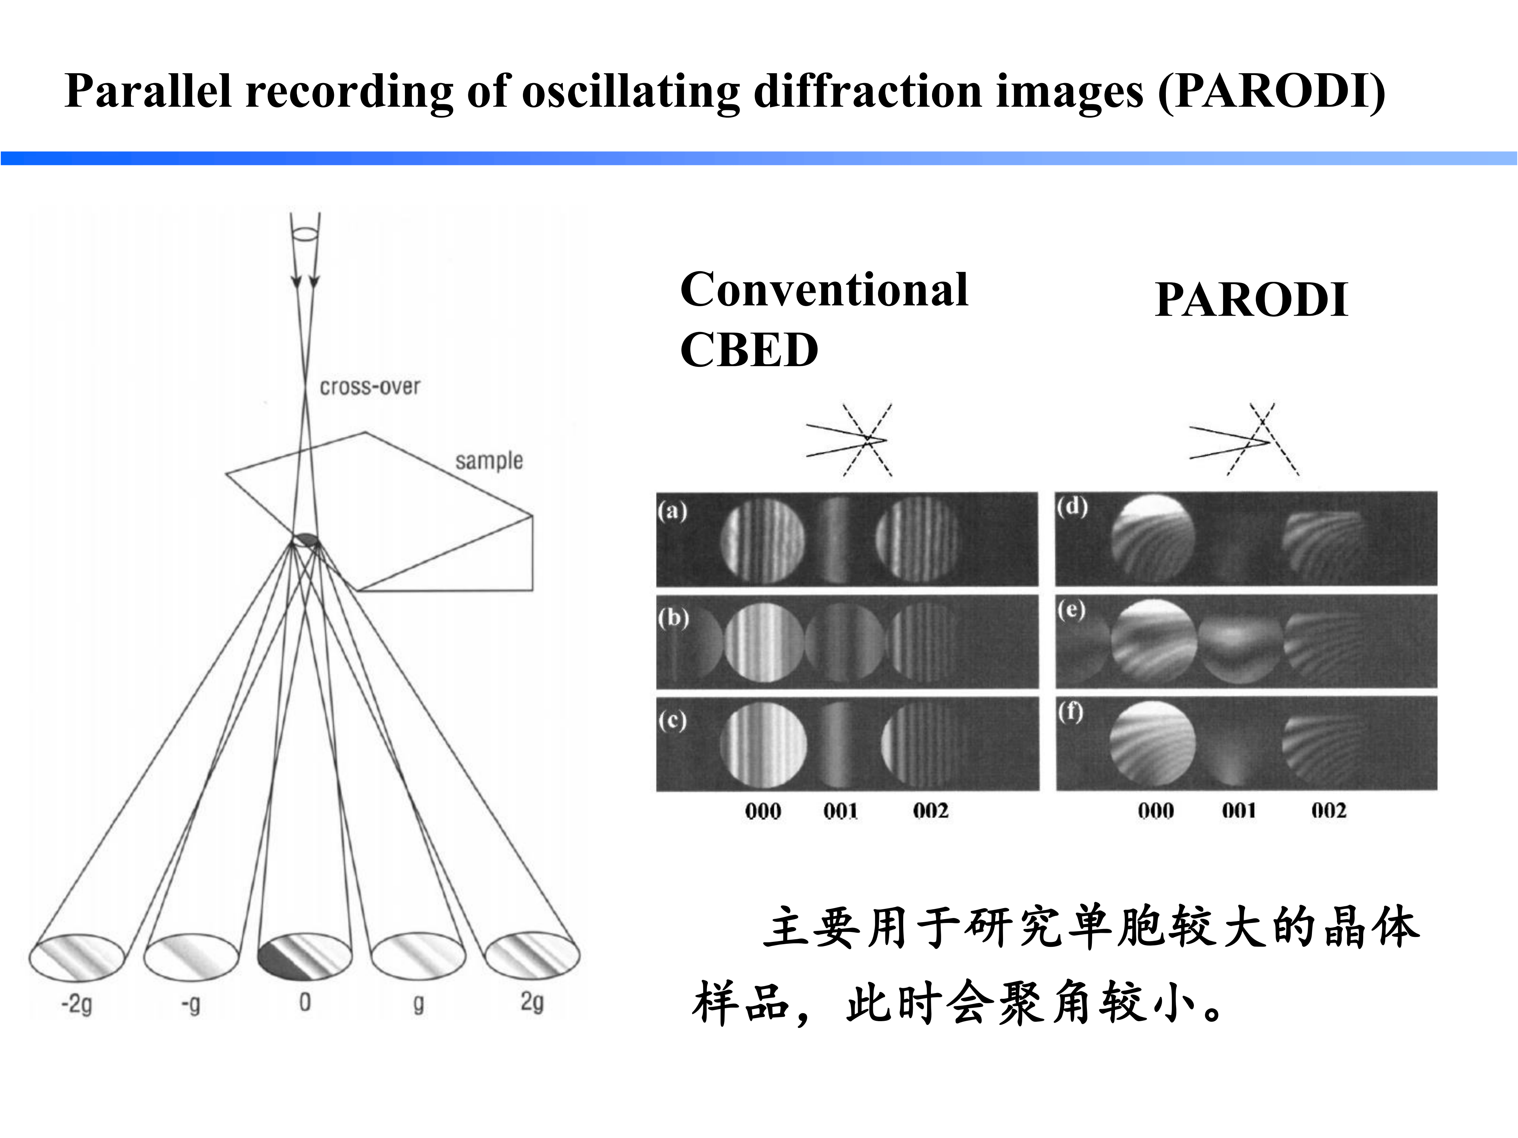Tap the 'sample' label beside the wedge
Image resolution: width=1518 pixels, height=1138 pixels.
click(x=489, y=461)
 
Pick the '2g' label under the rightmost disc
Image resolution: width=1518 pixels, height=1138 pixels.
click(x=532, y=1002)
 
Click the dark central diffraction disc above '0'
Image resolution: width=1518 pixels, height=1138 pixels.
click(x=305, y=955)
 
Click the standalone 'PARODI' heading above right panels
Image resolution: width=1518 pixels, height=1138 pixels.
click(x=1251, y=300)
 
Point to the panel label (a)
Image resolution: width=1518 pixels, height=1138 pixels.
click(x=672, y=511)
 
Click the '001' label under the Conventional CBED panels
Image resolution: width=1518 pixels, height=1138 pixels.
click(x=841, y=811)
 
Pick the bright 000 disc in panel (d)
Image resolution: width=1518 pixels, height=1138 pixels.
click(x=1153, y=539)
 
